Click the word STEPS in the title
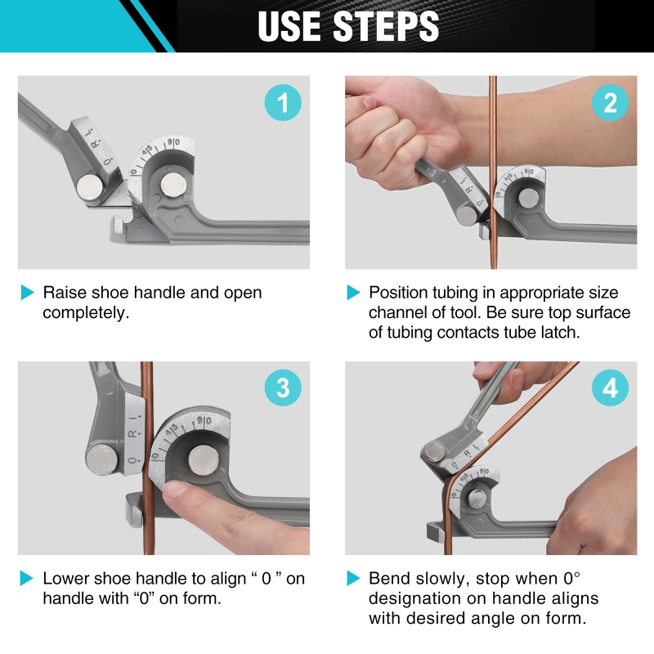click(386, 26)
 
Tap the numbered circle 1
click(283, 103)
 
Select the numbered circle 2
click(610, 103)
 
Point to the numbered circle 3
click(283, 387)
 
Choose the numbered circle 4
click(610, 387)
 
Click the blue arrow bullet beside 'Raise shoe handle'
click(27, 293)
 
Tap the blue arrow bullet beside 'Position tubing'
click(353, 293)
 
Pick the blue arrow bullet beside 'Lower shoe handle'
click(27, 579)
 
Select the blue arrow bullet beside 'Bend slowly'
click(353, 579)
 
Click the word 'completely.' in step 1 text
click(86, 313)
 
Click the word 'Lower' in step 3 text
click(66, 579)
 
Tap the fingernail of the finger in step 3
click(175, 489)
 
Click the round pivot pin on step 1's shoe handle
click(90, 187)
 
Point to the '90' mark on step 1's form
click(173, 142)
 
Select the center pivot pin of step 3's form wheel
click(204, 460)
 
